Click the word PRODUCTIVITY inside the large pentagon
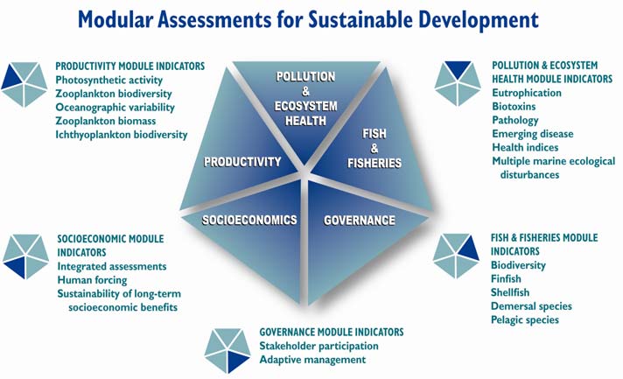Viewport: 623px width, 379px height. point(242,162)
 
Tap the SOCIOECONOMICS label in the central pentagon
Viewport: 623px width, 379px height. point(249,220)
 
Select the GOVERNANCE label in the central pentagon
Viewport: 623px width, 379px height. point(360,221)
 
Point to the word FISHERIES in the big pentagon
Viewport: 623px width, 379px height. point(374,163)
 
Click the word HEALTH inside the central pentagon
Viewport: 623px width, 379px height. point(305,121)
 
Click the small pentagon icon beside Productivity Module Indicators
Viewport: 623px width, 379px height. point(24,84)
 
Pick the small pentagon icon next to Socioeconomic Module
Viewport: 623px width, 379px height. point(26,256)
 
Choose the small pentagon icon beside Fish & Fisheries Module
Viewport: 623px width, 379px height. point(456,256)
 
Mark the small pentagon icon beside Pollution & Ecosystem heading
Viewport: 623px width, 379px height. point(458,83)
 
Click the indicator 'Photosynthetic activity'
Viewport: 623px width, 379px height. point(108,81)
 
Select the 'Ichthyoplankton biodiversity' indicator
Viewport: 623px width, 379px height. point(121,135)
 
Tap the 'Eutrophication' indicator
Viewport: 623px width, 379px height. point(527,93)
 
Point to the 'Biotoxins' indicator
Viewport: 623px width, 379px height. point(514,107)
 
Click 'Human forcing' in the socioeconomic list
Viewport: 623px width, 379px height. point(92,280)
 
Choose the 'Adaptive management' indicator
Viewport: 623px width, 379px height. point(312,360)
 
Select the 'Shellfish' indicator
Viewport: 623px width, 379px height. point(510,292)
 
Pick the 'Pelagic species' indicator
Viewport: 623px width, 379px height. point(524,319)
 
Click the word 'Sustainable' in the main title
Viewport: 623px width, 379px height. point(360,19)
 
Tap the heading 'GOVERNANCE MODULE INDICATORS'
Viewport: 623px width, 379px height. point(332,332)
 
